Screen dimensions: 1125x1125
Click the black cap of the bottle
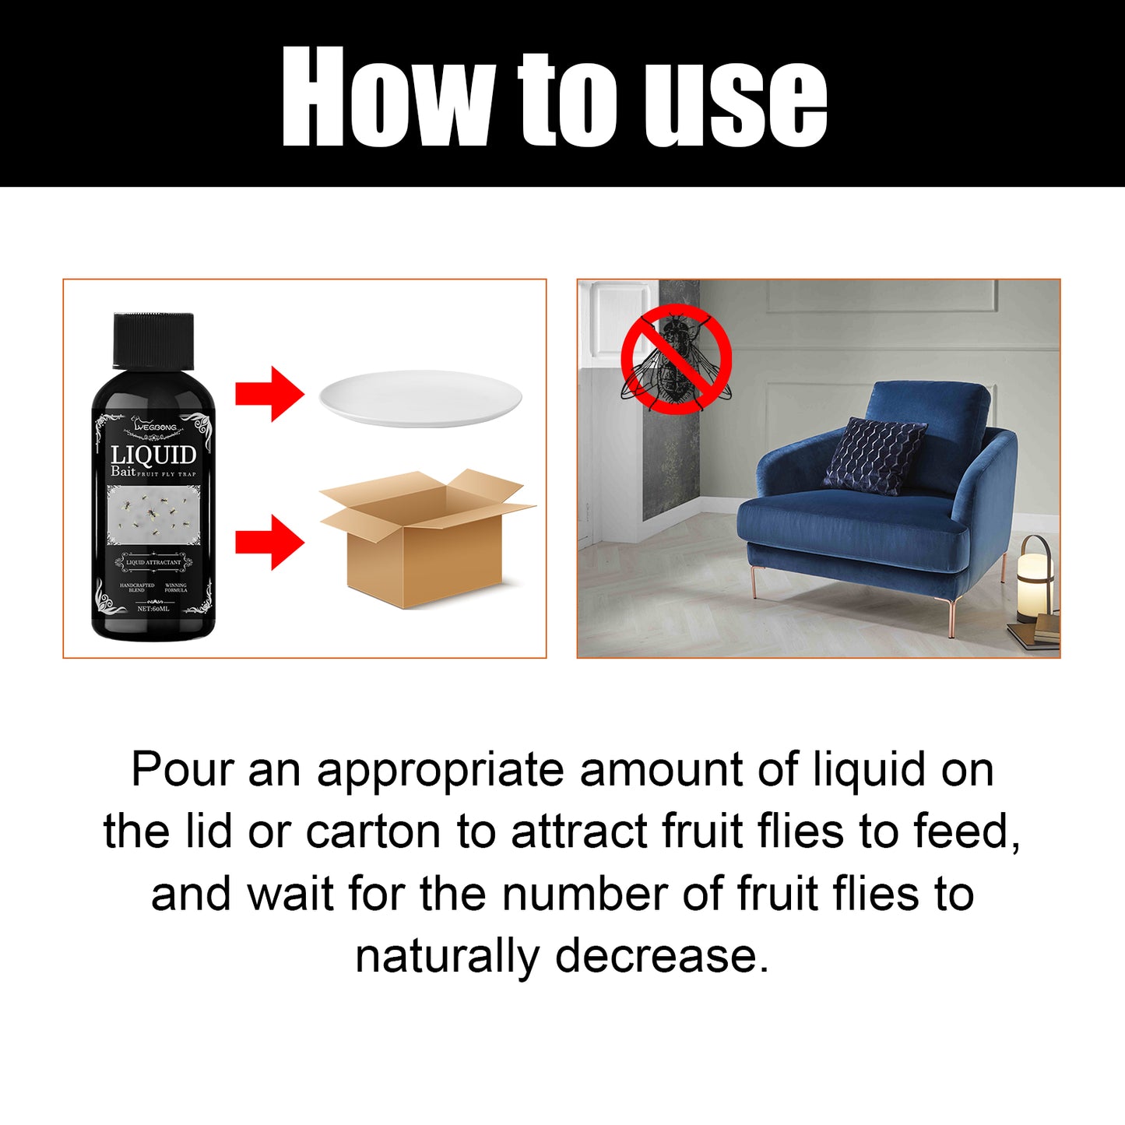click(153, 340)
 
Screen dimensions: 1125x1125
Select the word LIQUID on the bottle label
click(153, 455)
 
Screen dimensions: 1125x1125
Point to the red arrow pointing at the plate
click(269, 394)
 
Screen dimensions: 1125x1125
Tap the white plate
click(420, 397)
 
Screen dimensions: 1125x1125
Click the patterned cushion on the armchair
click(874, 456)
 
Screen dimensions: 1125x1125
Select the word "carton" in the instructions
click(373, 831)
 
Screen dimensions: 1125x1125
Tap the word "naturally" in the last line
click(447, 956)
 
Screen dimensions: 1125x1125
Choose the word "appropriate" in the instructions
click(440, 771)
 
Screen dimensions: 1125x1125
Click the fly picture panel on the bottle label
click(153, 515)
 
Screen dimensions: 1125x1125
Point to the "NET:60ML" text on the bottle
click(153, 609)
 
